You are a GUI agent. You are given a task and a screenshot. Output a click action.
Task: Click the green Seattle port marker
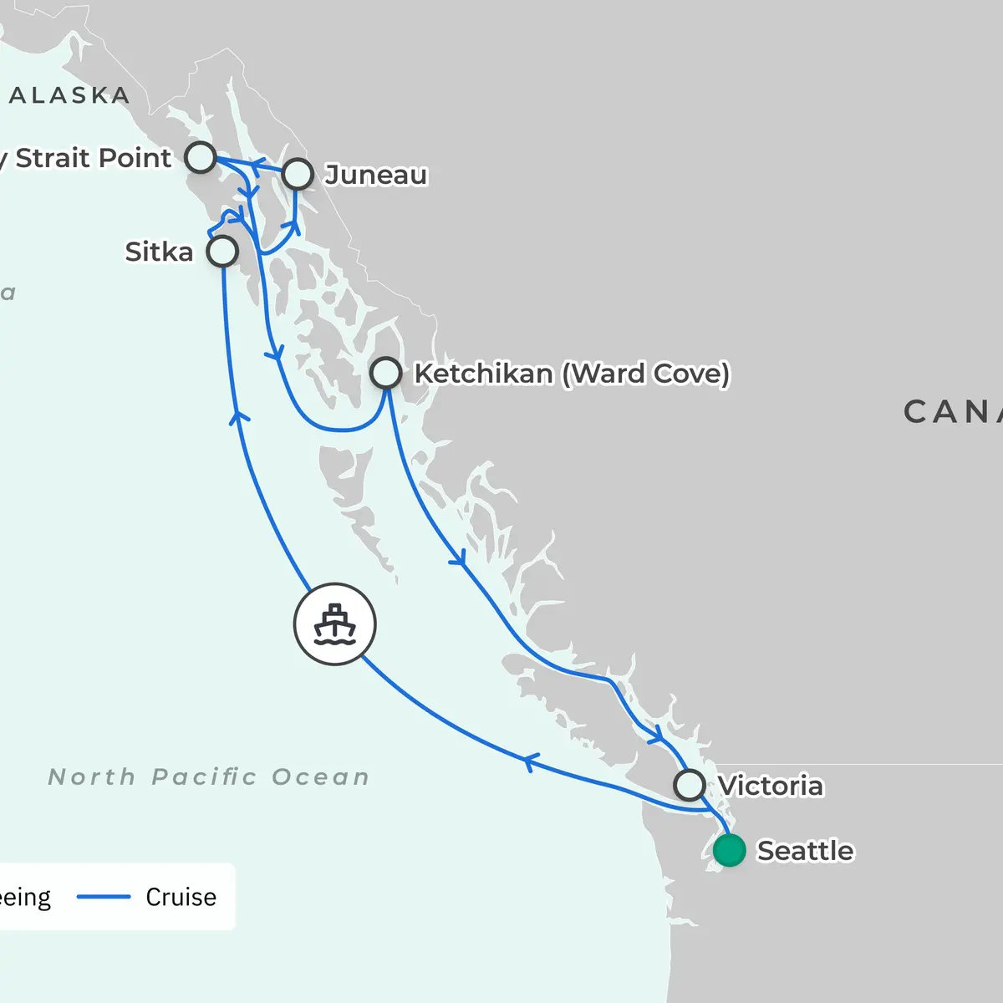(x=729, y=851)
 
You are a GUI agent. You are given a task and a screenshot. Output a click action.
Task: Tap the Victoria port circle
(x=690, y=786)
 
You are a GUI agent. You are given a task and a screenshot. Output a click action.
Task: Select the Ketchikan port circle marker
(x=385, y=373)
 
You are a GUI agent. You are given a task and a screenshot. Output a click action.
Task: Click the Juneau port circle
(x=298, y=175)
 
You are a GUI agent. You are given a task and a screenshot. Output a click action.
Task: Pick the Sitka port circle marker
(x=222, y=251)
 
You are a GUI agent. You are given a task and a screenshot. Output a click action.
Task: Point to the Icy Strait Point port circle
(x=201, y=156)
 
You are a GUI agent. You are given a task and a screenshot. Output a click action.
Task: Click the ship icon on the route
(x=334, y=624)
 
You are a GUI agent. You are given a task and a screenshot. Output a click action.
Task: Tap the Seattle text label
(x=805, y=851)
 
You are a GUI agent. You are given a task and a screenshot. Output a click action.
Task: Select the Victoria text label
(x=770, y=786)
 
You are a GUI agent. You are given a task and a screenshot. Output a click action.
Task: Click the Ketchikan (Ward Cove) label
(x=572, y=373)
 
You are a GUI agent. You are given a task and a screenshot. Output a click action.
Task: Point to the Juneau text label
(x=376, y=175)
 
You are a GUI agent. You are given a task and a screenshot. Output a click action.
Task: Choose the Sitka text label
(x=159, y=252)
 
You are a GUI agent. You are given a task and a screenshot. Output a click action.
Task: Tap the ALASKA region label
(x=69, y=96)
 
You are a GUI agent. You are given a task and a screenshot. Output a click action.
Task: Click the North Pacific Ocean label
(x=209, y=777)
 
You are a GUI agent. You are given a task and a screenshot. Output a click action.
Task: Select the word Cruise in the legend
(x=181, y=897)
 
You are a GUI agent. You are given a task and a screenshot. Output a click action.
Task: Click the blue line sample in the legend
(x=104, y=897)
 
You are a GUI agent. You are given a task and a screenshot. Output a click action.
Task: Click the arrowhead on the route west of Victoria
(x=530, y=761)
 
